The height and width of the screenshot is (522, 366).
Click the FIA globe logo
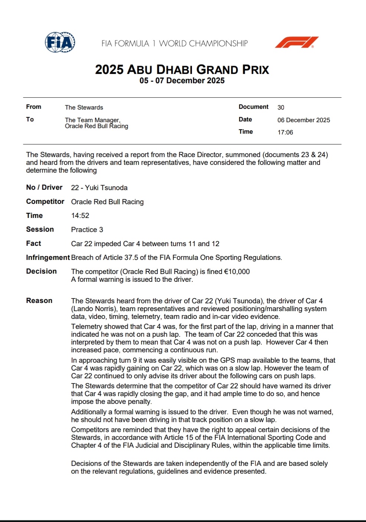tap(60, 42)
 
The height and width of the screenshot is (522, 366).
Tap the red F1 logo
tap(297, 42)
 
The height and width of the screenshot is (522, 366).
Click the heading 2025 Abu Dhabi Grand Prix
tap(182, 69)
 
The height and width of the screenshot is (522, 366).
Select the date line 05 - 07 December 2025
tap(182, 81)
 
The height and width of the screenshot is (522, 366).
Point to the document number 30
tap(281, 107)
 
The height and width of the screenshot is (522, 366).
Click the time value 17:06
tap(285, 132)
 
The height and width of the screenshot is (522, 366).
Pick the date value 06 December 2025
tap(303, 120)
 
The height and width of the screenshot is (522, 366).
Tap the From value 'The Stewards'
tap(84, 107)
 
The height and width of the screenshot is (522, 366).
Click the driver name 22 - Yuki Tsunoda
tap(99, 187)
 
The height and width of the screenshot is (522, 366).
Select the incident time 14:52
tap(80, 216)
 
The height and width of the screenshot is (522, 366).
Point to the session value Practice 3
tap(87, 229)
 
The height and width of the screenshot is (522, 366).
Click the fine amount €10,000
tap(237, 271)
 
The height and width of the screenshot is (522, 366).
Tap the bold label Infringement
tap(48, 257)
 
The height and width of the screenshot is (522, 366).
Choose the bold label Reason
tap(39, 301)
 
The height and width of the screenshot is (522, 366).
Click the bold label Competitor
tap(45, 202)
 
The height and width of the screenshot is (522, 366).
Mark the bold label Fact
tap(33, 244)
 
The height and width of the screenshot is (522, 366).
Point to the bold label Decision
tap(41, 271)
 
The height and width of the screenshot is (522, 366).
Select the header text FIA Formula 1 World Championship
tap(174, 43)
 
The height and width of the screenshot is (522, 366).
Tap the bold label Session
tap(40, 229)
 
